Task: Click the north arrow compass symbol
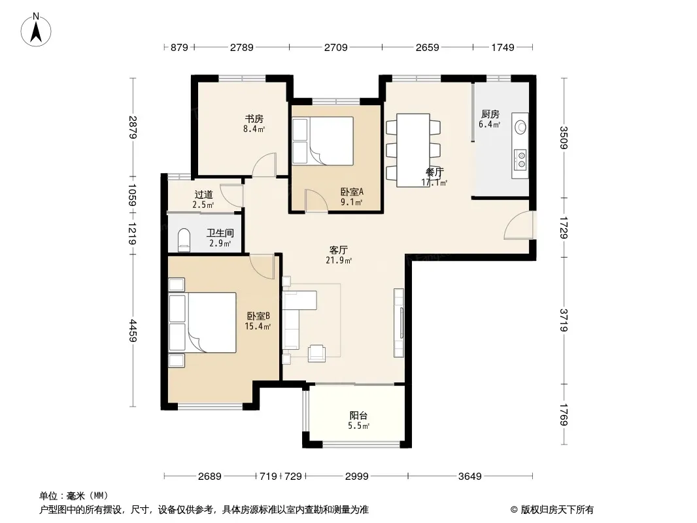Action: click(35, 30)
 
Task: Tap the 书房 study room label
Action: click(254, 118)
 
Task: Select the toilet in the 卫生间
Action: click(184, 240)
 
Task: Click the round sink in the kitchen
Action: click(520, 127)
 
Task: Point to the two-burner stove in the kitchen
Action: click(520, 160)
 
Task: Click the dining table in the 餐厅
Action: click(413, 150)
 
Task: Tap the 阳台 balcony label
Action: click(358, 416)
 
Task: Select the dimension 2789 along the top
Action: click(241, 47)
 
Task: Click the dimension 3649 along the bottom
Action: click(470, 477)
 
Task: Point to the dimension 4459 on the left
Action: click(133, 331)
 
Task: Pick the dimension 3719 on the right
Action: click(564, 320)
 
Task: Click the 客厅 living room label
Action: click(338, 250)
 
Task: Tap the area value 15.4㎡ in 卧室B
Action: click(258, 327)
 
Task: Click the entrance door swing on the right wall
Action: click(518, 226)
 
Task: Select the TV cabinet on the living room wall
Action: click(399, 322)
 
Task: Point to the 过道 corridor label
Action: click(203, 194)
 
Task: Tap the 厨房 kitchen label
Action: click(490, 114)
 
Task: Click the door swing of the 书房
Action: click(264, 165)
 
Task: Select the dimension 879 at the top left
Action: click(179, 47)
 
